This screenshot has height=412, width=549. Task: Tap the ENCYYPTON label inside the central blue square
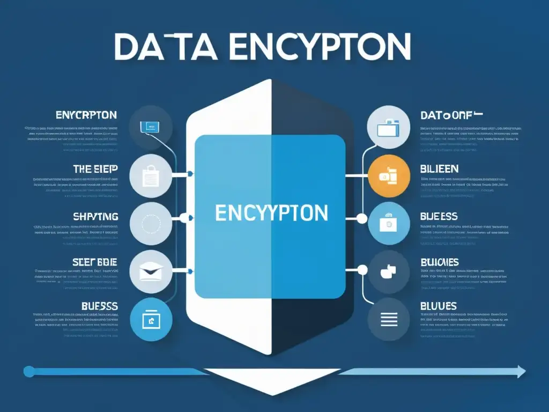tap(271, 213)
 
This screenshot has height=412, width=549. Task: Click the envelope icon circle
tap(151, 271)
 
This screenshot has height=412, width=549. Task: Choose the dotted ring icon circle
tap(151, 224)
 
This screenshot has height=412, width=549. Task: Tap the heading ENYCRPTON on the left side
tap(86, 115)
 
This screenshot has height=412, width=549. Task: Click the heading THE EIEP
tap(95, 169)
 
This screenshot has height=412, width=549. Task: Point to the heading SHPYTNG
tap(96, 217)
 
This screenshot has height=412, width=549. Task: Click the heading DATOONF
tap(451, 115)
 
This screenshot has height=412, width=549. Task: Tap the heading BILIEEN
tap(439, 169)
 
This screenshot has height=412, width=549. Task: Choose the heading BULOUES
tap(440, 262)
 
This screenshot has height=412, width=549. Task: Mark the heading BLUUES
tap(439, 306)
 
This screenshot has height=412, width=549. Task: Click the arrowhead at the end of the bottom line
tap(520, 371)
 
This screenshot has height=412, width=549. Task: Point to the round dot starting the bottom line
tap(29, 371)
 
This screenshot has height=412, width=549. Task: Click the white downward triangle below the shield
tap(273, 380)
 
